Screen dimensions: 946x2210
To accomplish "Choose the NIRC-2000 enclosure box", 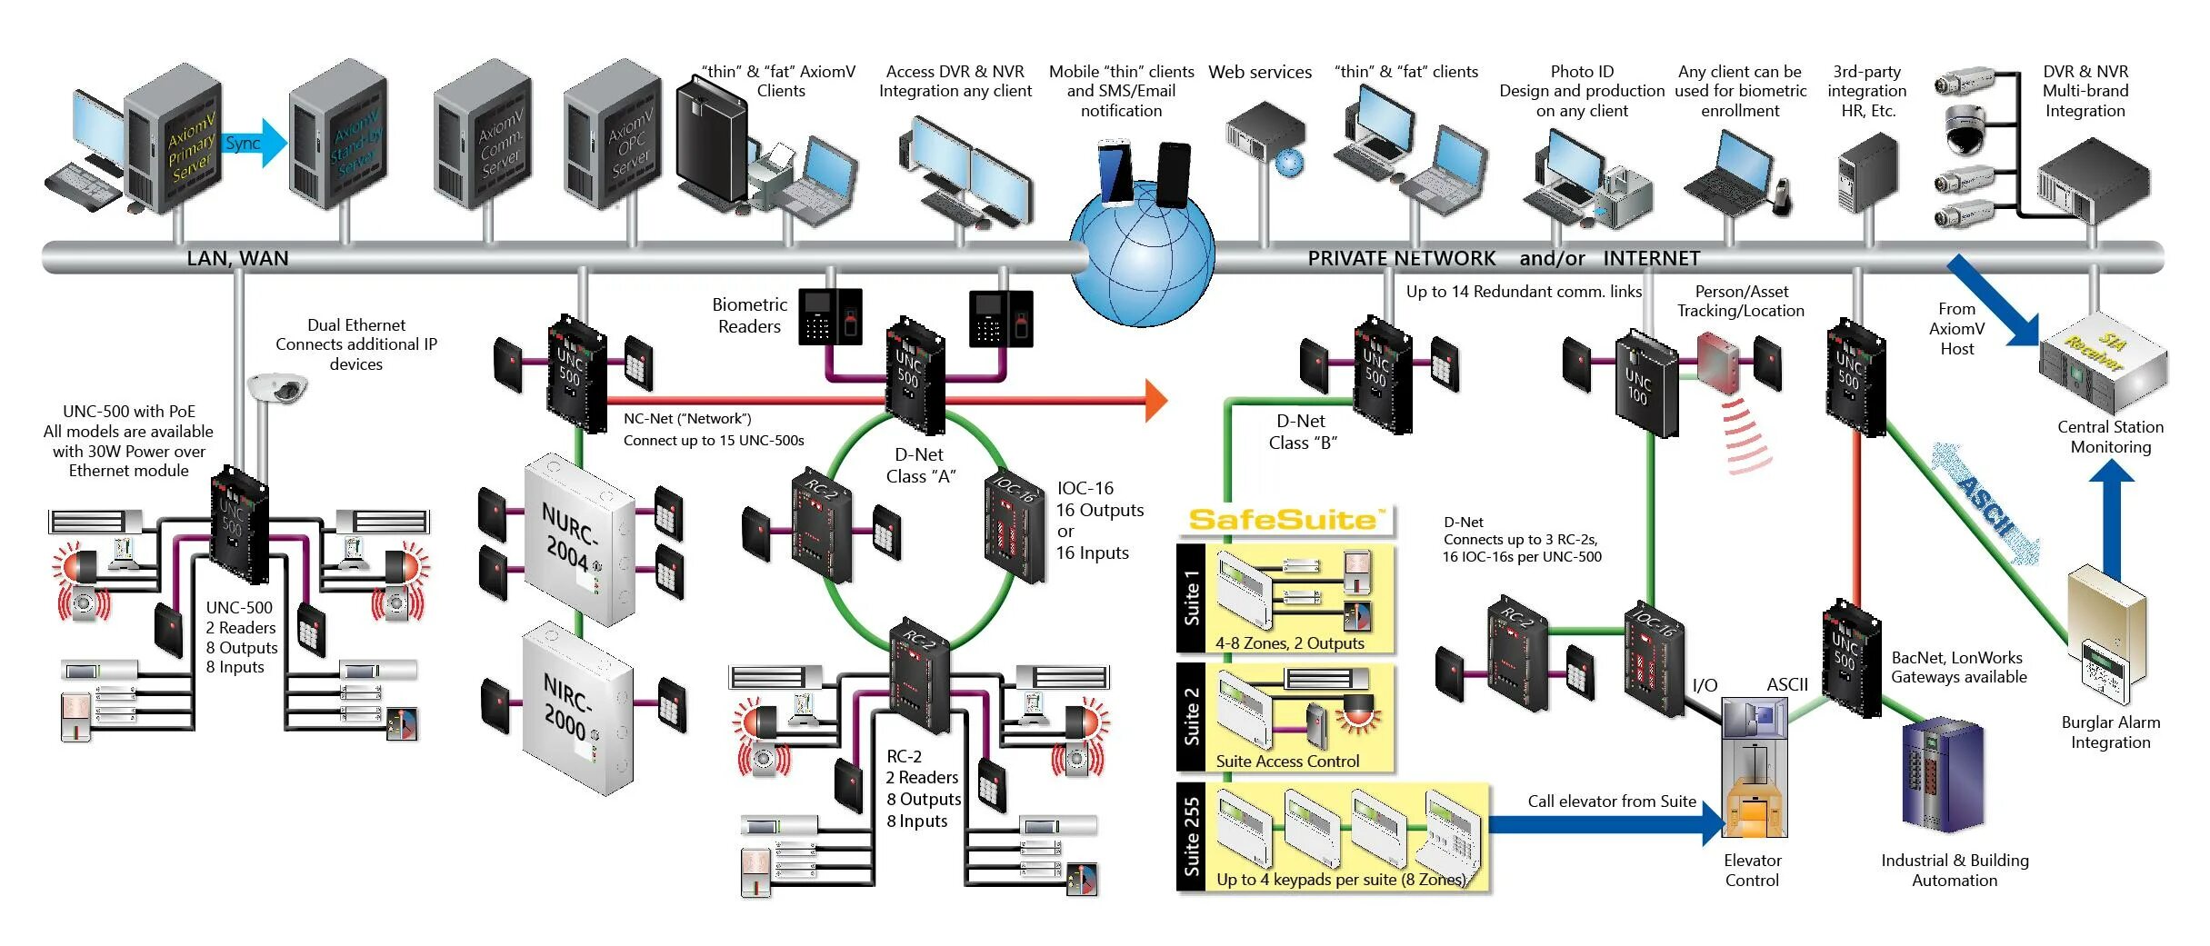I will (x=577, y=709).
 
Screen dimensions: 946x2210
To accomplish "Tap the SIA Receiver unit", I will (x=2103, y=363).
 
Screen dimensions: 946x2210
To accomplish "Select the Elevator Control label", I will (x=1752, y=870).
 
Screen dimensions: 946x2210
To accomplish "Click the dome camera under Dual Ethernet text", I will (x=278, y=388).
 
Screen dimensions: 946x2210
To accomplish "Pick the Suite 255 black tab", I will (x=1191, y=836).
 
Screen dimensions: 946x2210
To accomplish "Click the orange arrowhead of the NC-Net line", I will (x=1155, y=400).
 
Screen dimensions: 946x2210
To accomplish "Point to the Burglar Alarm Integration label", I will (x=2110, y=732).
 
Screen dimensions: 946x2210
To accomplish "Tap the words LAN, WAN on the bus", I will (x=237, y=259).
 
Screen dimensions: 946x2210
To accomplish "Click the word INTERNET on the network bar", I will (x=1651, y=259).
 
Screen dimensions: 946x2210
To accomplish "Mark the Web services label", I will (x=1259, y=73).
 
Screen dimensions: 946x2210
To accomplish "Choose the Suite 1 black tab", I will (x=1191, y=598).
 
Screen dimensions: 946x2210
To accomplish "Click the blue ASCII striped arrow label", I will (x=1986, y=504).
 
